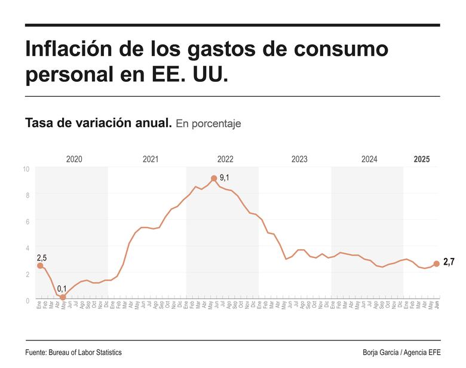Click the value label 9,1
coord(225,178)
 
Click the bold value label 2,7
coord(449,262)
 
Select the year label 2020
coord(74,160)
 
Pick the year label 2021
coord(151,160)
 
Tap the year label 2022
coord(225,160)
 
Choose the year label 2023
coord(299,160)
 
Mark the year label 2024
coord(369,160)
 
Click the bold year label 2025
coord(422,160)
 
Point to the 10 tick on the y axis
coord(26,168)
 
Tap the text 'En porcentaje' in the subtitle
coord(209,124)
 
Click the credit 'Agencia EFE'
coord(418,352)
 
